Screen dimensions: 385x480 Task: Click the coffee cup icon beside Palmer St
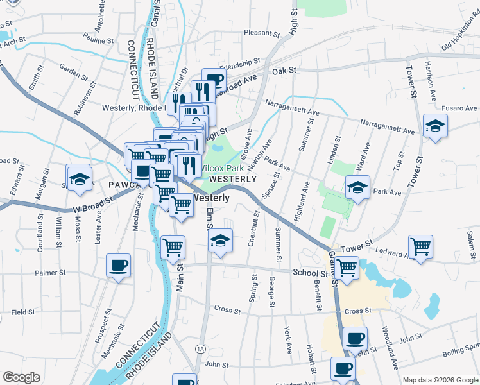coord(119,265)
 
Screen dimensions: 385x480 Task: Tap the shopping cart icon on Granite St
coord(347,267)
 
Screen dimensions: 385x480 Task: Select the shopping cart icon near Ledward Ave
coord(420,246)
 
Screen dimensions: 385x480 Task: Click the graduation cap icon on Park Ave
coord(357,187)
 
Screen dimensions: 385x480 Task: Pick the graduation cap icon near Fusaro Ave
coord(434,125)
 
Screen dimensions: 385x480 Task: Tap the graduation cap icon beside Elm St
coord(220,241)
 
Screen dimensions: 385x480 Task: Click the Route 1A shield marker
coord(200,348)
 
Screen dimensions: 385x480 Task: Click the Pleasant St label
coord(259,33)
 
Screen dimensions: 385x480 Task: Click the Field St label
coord(22,312)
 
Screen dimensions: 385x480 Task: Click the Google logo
coord(21,377)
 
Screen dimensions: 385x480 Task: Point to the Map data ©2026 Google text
coord(440,380)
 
